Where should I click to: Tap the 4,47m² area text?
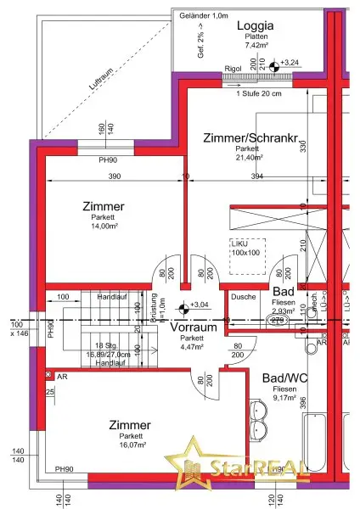[191, 346]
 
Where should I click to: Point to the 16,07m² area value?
[130, 445]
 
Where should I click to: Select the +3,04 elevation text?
[200, 305]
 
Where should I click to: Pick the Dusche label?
[243, 298]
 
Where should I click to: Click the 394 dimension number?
[256, 176]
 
